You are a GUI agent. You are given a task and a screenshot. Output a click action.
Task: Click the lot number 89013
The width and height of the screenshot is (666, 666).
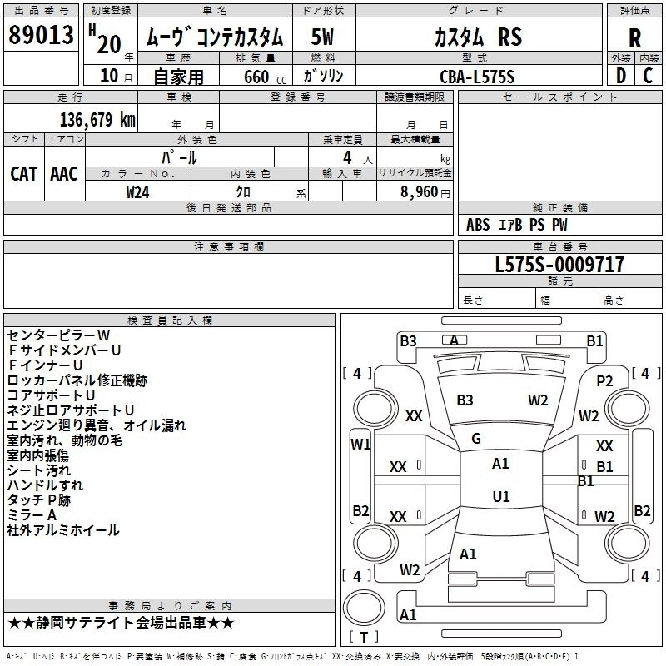point(41,35)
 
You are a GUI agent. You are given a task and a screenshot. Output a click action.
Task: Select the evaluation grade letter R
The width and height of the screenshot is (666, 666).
point(634,38)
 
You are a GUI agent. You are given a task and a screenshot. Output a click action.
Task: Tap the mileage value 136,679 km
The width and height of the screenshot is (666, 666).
point(97,120)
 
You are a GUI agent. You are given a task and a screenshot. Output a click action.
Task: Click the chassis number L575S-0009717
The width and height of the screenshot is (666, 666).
point(559,265)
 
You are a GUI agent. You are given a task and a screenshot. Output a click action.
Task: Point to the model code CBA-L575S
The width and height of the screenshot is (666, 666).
point(477,77)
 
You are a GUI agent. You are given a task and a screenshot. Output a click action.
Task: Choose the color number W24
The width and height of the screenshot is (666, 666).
point(137,192)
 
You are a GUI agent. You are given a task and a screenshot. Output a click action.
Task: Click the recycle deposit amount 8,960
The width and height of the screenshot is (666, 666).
point(420,192)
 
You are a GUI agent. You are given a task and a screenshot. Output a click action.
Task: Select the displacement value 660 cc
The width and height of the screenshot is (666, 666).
point(265,77)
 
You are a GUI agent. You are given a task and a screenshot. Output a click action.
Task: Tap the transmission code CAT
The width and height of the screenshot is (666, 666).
point(24,174)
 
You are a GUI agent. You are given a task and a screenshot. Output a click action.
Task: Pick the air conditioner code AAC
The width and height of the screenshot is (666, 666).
point(64,174)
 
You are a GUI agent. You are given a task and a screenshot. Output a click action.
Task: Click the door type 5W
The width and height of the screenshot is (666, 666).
point(322,37)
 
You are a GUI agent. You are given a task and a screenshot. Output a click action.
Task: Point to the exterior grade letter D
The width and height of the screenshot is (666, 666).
point(620,76)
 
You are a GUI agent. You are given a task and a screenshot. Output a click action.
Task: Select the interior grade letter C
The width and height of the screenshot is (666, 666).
point(648,76)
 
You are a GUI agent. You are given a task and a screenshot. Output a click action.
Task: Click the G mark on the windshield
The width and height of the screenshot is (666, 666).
point(476,439)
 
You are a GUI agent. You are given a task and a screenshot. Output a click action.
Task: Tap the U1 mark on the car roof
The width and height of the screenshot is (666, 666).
point(501,496)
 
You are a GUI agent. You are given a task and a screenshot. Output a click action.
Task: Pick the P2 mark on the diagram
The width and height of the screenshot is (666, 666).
point(604,381)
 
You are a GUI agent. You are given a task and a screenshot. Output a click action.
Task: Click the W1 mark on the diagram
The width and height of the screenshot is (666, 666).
point(360,445)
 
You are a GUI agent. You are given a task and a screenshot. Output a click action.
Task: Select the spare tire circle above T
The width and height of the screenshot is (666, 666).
point(364,608)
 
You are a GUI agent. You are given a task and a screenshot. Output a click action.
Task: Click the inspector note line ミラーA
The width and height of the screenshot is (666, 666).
point(32,515)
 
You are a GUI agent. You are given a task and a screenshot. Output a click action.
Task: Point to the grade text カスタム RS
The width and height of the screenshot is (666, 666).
point(478,37)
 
